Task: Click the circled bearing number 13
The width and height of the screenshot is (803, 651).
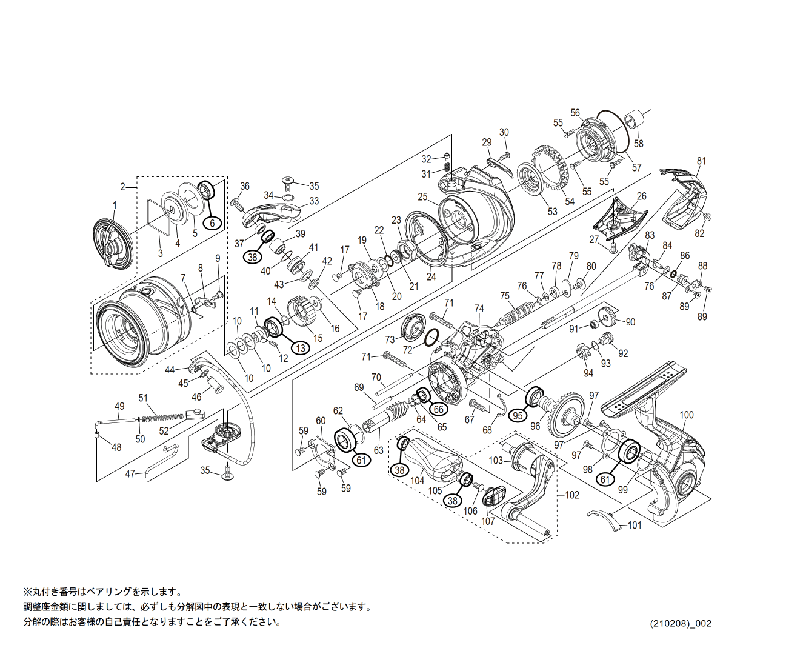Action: pyautogui.click(x=300, y=347)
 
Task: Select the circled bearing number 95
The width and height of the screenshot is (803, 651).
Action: pyautogui.click(x=518, y=415)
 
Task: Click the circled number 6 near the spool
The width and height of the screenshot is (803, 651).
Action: pyautogui.click(x=212, y=222)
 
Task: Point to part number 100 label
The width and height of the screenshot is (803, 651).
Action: pyautogui.click(x=686, y=415)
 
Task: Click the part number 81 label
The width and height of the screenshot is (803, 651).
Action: pyautogui.click(x=701, y=161)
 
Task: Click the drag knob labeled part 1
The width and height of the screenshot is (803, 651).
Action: pyautogui.click(x=112, y=245)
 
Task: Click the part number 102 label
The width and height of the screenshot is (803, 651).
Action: pyautogui.click(x=571, y=495)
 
